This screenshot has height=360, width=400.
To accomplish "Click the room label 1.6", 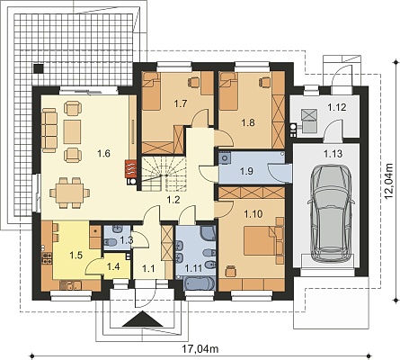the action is (104, 153).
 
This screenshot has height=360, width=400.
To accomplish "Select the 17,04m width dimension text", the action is (200, 349).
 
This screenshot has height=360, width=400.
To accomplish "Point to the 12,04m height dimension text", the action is (388, 181).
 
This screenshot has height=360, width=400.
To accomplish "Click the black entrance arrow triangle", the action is (142, 319).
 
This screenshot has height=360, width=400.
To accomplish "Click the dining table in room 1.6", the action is (69, 193).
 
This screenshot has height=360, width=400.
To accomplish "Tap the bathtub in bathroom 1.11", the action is (199, 283).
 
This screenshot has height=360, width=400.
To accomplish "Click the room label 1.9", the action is (247, 171).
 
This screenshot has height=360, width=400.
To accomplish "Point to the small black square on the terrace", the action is (38, 68).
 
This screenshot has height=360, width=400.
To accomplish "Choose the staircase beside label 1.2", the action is (164, 175).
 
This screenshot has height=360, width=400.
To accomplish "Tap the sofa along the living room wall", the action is (49, 130).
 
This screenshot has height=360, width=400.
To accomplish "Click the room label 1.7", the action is (181, 103).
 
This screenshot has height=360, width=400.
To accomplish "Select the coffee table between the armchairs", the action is (72, 131).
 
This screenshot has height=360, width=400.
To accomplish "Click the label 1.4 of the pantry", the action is (113, 265).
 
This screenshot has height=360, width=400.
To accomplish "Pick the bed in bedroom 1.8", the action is (228, 91).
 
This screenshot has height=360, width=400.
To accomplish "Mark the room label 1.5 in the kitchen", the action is (76, 256).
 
